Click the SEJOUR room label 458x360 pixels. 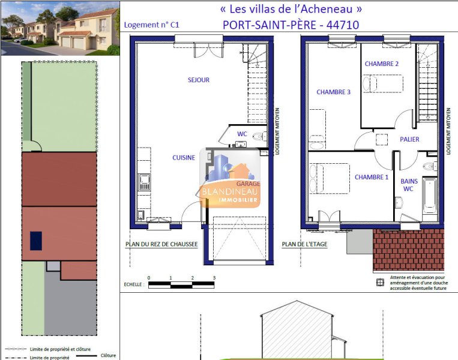199,80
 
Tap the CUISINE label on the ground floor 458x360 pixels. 184,158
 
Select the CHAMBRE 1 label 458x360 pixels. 372,177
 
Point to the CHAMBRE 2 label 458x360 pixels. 382,64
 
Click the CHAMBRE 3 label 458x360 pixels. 333,92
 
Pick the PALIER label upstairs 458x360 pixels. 409,139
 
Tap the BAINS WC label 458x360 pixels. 409,185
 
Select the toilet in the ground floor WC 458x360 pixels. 259,136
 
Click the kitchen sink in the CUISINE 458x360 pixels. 144,182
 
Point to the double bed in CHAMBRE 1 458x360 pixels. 330,178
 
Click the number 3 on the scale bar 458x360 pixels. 214,278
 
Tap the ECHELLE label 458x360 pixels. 134,284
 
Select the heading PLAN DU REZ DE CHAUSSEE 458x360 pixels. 161,244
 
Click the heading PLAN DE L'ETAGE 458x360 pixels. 304,244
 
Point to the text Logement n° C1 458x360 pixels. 152,25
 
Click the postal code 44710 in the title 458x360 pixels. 343,25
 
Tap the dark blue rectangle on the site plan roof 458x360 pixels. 36,241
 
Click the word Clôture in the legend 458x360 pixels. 108,355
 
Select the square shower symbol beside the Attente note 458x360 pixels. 380,283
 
